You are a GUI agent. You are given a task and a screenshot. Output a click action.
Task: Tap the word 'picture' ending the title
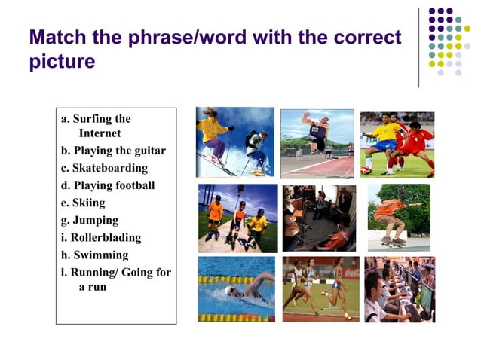[62, 62]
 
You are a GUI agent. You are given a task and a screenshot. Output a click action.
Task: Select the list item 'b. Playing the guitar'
[113, 151]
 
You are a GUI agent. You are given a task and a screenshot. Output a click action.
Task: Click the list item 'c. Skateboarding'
[104, 168]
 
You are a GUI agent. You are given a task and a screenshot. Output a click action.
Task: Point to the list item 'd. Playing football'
[108, 185]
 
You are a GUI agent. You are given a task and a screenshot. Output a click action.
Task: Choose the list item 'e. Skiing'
[83, 203]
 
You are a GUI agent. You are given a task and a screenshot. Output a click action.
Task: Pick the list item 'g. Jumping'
[90, 220]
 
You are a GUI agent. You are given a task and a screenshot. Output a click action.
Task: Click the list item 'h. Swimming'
[94, 255]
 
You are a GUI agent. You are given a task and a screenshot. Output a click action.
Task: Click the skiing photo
[234, 142]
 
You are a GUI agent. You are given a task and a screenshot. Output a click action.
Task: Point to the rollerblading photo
[237, 218]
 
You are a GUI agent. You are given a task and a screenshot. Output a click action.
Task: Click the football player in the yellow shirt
[384, 139]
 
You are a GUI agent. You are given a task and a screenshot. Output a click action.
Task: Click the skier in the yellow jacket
[215, 132]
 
